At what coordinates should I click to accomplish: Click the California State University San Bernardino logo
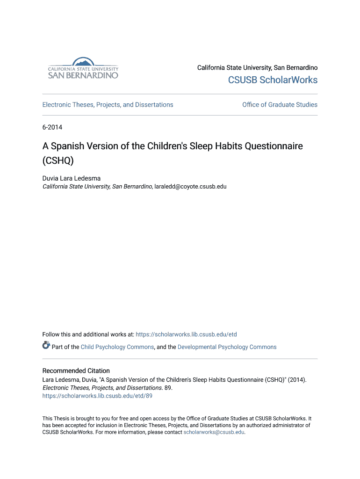point(83,68)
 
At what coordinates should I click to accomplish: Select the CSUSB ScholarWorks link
point(273,80)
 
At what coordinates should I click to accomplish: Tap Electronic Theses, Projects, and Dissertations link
point(108,105)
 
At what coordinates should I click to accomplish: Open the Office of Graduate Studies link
point(280,105)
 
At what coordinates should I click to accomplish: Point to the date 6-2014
point(52,127)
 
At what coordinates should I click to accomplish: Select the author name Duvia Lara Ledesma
point(72,178)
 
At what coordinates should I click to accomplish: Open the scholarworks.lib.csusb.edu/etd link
point(186,334)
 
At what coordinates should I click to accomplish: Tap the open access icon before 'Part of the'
point(46,346)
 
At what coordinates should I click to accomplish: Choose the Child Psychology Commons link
point(117,347)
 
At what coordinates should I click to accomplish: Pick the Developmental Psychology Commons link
point(227,347)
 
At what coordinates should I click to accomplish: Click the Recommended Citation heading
point(76,371)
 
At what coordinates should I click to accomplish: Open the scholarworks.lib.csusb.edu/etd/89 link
point(97,396)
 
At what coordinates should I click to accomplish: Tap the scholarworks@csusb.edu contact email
point(214,432)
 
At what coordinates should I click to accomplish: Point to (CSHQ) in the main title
point(58,160)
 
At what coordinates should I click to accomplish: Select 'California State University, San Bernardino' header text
point(257,68)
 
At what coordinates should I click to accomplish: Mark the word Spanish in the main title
point(68,146)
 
